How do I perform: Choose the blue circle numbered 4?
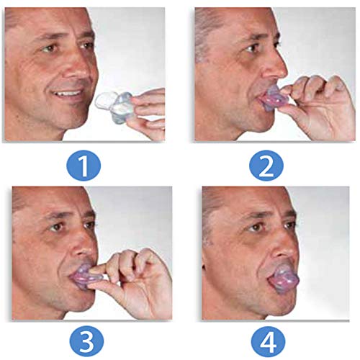point(265,337)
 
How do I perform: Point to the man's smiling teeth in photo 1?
point(70,93)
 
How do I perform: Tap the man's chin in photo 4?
point(263,302)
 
